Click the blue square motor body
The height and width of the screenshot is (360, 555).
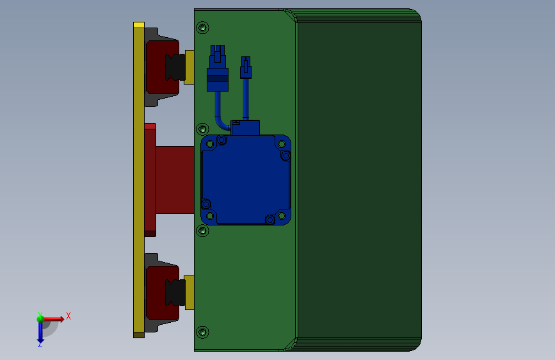246,179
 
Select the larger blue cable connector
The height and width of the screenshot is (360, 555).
218,68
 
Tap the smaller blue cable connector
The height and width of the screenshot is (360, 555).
246,68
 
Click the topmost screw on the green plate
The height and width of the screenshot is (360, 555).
202,28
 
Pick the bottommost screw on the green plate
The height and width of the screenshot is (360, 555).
202,332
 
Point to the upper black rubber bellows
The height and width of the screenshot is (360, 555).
175,67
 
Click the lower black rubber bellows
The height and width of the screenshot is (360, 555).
175,292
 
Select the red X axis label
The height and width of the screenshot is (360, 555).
68,316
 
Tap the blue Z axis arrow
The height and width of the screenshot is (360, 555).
40,332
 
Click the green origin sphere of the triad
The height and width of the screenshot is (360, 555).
40,319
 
